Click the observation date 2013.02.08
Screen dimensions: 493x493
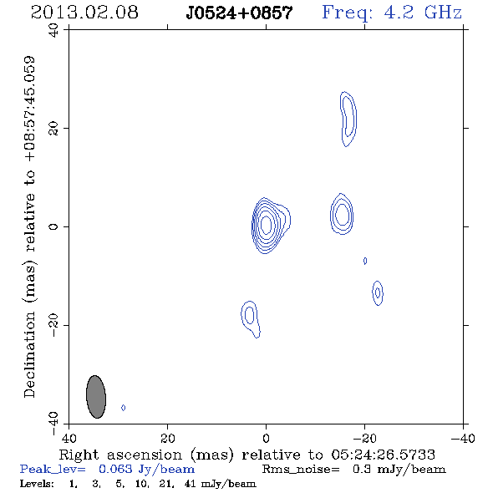[x=84, y=13]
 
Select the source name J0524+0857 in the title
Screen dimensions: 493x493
[x=239, y=13]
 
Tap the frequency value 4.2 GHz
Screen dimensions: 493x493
[x=423, y=13]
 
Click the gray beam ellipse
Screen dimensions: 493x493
[x=96, y=397]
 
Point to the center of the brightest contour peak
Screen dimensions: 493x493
[x=266, y=225]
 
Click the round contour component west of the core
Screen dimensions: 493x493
[x=342, y=214]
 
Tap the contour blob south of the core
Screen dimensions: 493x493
[x=250, y=318]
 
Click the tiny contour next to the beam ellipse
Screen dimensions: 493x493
[x=124, y=408]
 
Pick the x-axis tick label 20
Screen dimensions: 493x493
[x=167, y=438]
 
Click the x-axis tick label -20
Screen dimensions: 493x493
[x=364, y=438]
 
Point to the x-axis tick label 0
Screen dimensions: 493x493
[x=266, y=438]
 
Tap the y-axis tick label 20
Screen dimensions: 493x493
[x=53, y=129]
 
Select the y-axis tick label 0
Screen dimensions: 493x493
[x=53, y=226]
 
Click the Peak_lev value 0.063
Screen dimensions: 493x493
[x=115, y=469]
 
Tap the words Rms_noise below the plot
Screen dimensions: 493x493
[x=301, y=470]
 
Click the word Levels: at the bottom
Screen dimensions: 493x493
[x=37, y=484]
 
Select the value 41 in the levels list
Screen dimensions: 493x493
[x=191, y=484]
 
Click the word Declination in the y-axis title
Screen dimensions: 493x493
[x=29, y=354]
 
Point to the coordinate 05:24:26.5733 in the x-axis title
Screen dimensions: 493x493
[x=383, y=455]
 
